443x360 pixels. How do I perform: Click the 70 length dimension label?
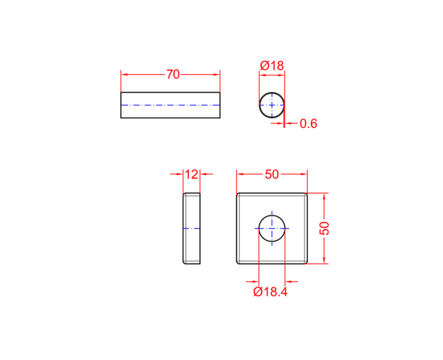(x=173, y=74)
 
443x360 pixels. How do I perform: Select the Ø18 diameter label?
(x=272, y=65)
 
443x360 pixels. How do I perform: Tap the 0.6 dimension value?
(x=308, y=124)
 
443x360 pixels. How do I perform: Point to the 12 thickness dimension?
(x=192, y=174)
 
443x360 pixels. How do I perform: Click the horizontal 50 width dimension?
(x=272, y=174)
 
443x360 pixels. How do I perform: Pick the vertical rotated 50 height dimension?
(x=324, y=228)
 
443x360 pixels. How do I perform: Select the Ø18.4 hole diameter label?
(x=270, y=292)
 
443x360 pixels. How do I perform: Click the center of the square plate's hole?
(x=272, y=228)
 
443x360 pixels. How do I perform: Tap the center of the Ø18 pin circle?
(x=272, y=105)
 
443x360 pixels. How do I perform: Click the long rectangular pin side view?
(x=171, y=105)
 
